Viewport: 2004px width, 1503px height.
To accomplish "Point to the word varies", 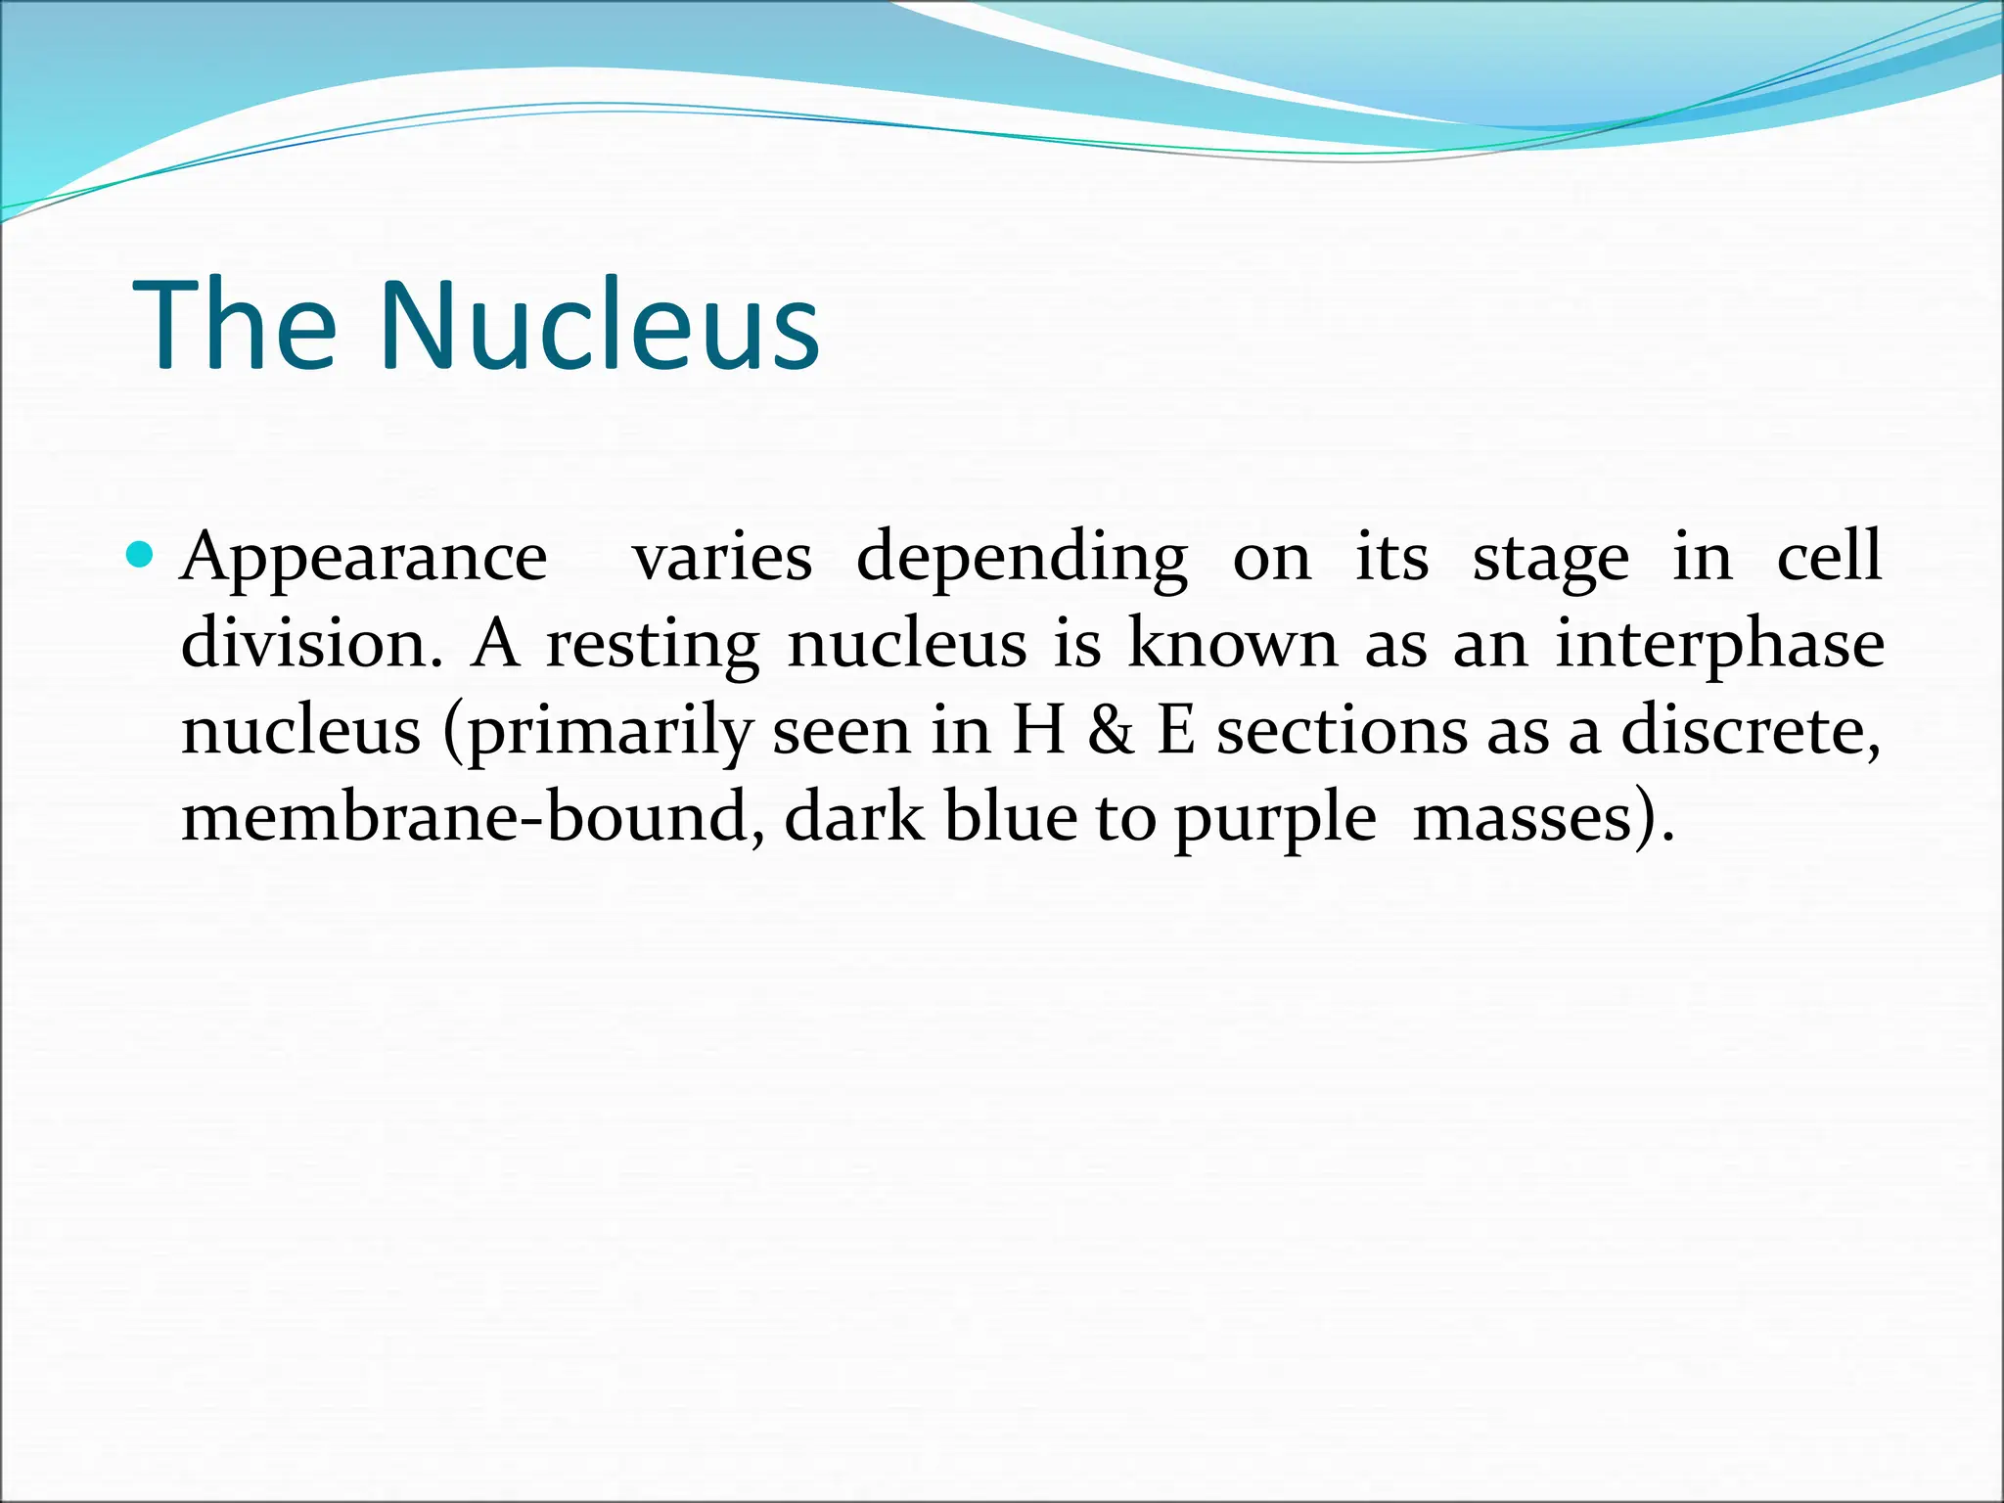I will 722,558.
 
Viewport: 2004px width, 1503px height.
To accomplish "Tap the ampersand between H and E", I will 1111,732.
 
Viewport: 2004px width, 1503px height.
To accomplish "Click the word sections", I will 1341,732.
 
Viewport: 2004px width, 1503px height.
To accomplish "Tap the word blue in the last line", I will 1009,818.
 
